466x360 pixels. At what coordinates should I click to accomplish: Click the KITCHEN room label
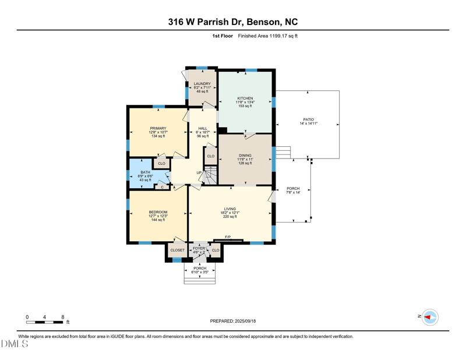245,98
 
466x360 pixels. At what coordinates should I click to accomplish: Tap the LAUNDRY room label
202,83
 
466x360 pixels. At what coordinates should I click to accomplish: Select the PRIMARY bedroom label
158,128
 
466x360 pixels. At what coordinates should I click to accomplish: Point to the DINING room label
245,155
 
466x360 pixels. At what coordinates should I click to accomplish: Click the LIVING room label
231,209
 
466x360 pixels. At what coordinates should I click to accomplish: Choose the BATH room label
145,172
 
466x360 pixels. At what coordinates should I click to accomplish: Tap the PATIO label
308,119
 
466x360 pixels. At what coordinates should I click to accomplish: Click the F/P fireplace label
228,237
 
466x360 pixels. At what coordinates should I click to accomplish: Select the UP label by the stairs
199,172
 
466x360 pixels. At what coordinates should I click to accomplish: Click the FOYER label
199,248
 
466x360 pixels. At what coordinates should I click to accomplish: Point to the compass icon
430,317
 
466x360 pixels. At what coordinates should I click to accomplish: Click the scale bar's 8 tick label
62,317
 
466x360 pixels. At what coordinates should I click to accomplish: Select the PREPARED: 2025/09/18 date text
232,321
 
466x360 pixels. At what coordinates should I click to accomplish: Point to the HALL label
203,128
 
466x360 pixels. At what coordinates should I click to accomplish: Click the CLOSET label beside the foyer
177,250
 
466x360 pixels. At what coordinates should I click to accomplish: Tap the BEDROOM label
158,212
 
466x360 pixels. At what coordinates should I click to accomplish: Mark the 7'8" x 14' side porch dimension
293,193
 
